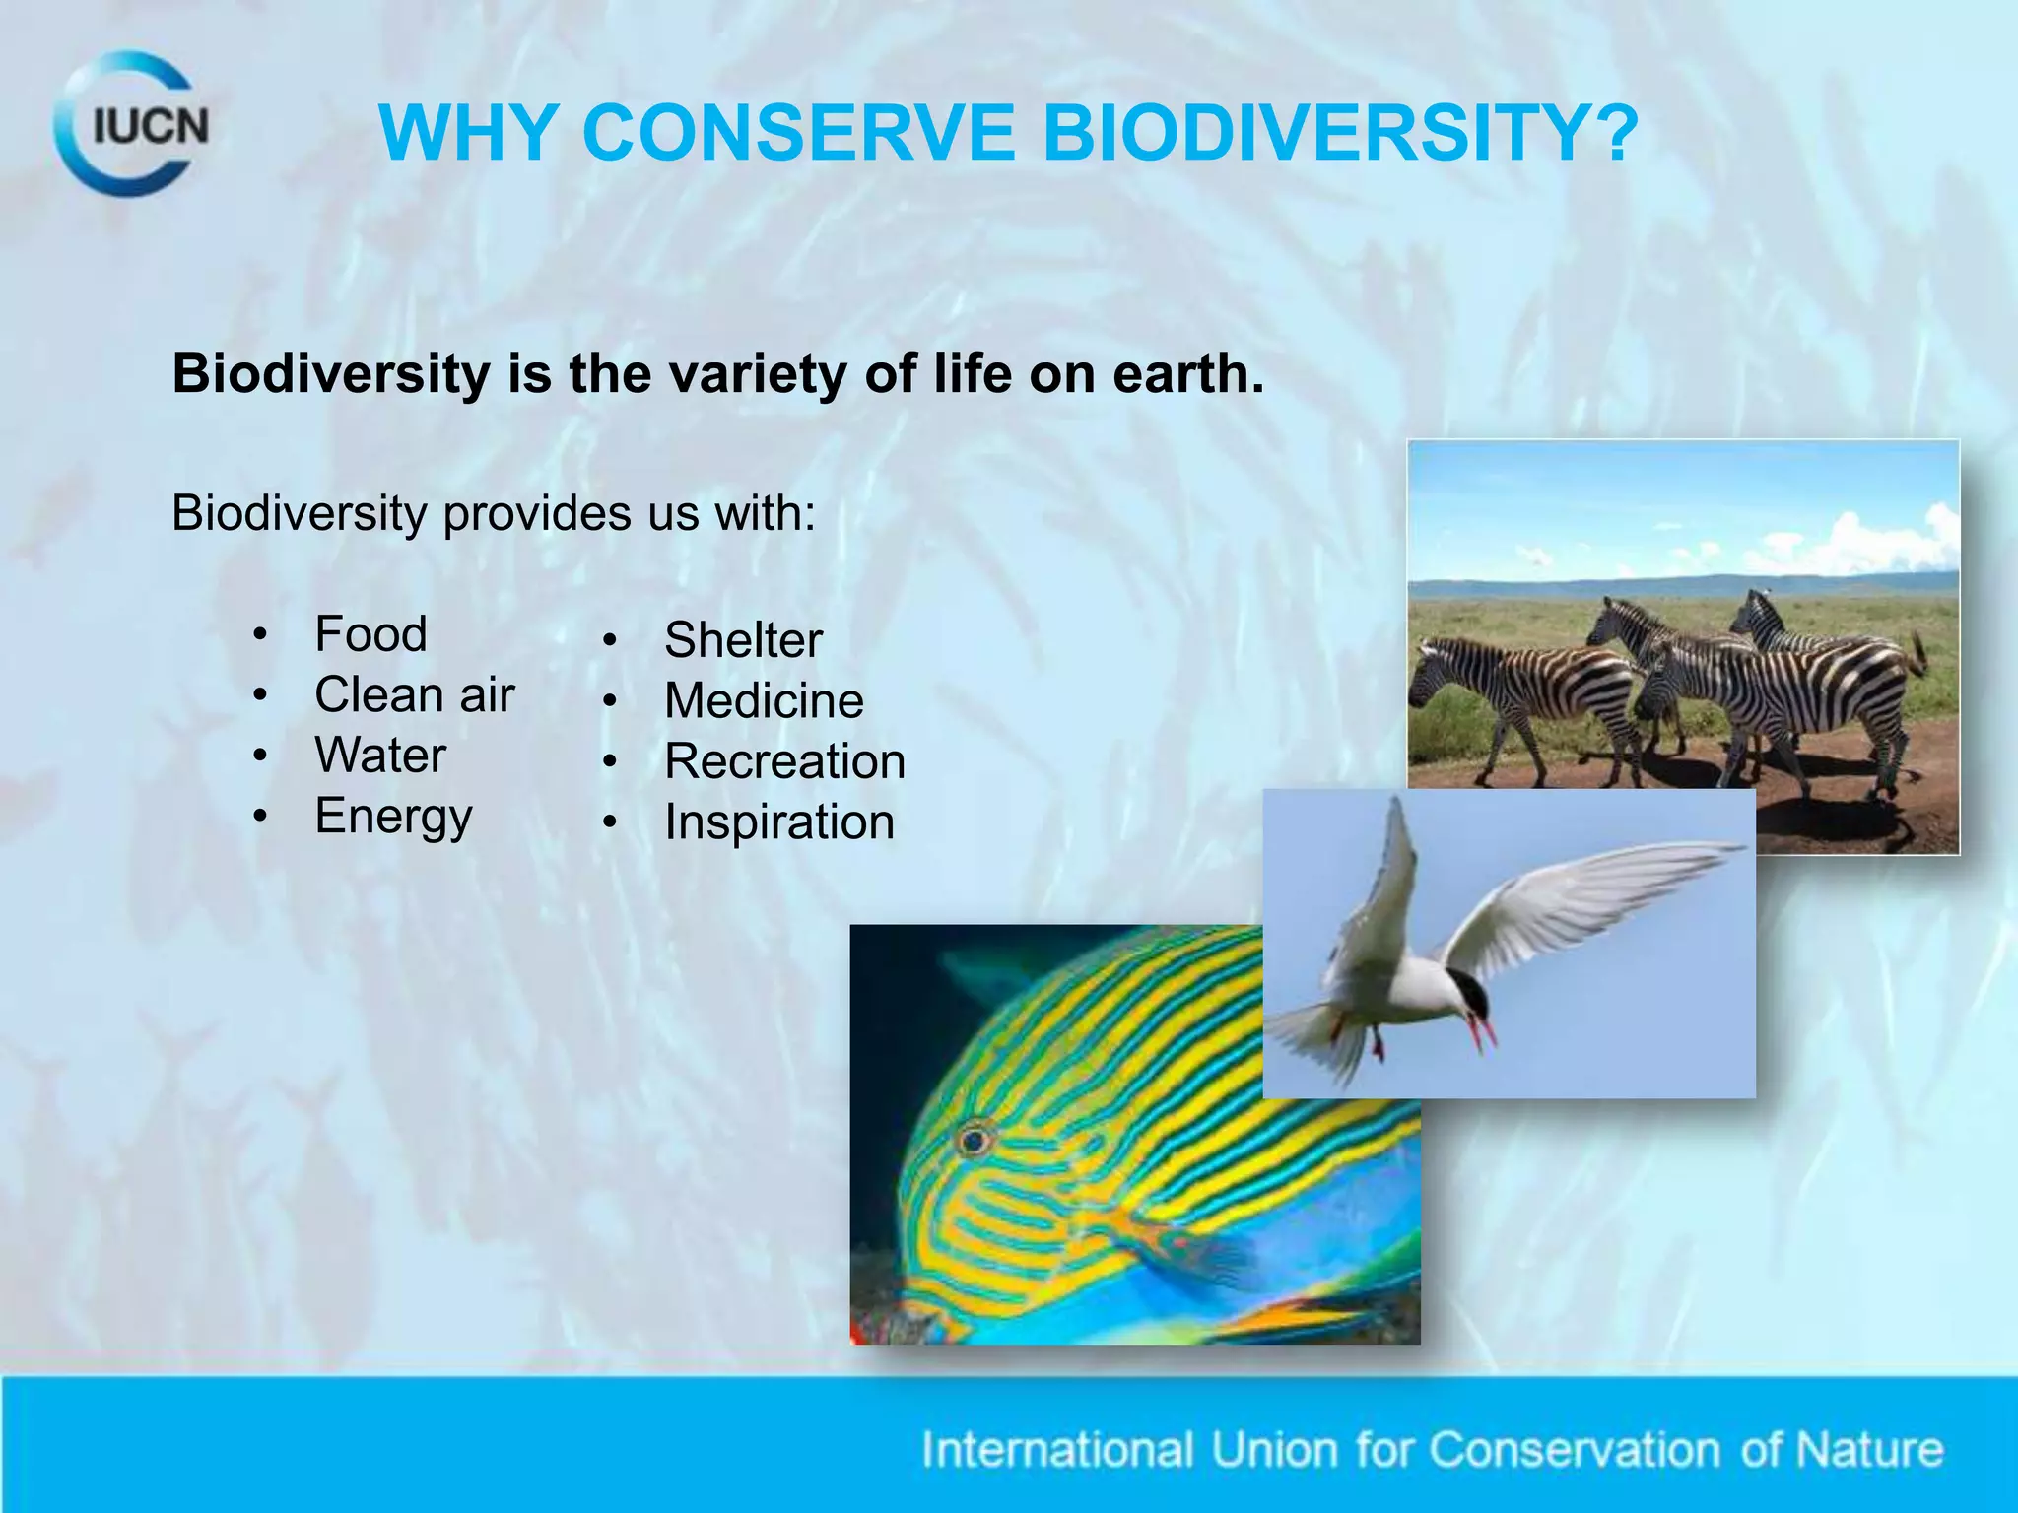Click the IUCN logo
tap(132, 125)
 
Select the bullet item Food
tap(370, 633)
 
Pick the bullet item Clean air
tap(414, 694)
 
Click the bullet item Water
tap(380, 756)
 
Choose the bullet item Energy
tap(393, 817)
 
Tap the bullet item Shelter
tap(743, 640)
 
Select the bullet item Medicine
tap(764, 701)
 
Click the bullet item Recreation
tap(784, 761)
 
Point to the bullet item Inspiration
tap(778, 822)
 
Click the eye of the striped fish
tap(975, 1141)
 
